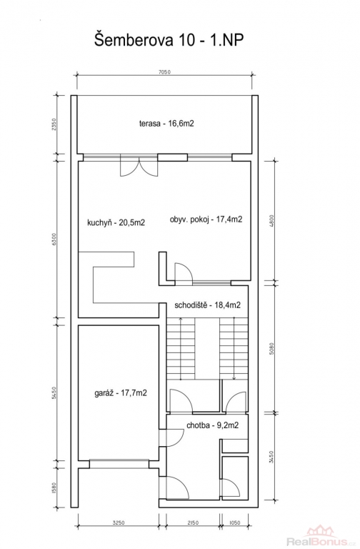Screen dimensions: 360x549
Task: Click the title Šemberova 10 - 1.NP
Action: [x=169, y=40]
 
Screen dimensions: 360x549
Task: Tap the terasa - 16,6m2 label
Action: [x=166, y=124]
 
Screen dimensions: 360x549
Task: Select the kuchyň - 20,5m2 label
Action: [x=116, y=223]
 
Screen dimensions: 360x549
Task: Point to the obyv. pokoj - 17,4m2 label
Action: [x=206, y=220]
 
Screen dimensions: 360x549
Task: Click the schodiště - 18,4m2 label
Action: [x=207, y=305]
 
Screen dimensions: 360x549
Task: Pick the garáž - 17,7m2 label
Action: [x=121, y=393]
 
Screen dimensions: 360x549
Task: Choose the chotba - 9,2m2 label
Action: [x=213, y=426]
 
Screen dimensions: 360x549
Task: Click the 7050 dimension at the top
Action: [x=164, y=72]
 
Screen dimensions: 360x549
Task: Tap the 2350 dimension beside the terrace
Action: [x=54, y=124]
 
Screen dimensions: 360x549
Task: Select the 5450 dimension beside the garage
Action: [x=54, y=393]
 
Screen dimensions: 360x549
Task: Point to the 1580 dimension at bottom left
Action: [x=54, y=488]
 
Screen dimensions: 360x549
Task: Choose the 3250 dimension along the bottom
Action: [x=119, y=523]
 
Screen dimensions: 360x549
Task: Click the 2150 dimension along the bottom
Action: [x=193, y=523]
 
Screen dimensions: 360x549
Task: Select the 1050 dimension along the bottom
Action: [x=234, y=523]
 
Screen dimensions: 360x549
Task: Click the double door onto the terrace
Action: [x=139, y=168]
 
